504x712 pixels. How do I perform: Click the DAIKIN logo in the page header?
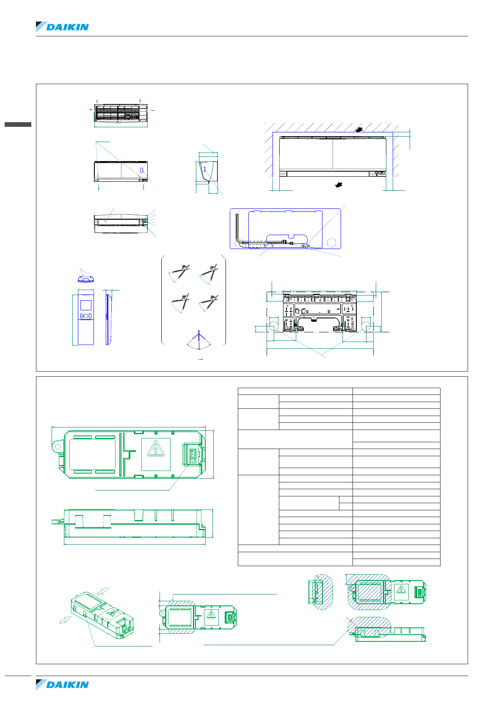tap(63, 27)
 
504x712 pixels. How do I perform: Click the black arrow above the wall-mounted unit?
tap(359, 130)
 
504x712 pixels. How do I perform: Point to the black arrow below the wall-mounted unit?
tap(338, 185)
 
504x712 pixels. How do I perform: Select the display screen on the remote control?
tap(86, 306)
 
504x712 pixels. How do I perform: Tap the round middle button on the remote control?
tap(85, 316)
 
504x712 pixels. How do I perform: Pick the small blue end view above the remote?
tap(85, 279)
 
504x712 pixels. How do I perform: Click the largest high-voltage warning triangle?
tap(155, 449)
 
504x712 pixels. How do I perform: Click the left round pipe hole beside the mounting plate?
tap(273, 326)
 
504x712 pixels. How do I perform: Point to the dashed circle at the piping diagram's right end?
tap(332, 242)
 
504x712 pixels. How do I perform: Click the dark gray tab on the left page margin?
tap(18, 124)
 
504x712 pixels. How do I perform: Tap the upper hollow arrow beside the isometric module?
tap(104, 591)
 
